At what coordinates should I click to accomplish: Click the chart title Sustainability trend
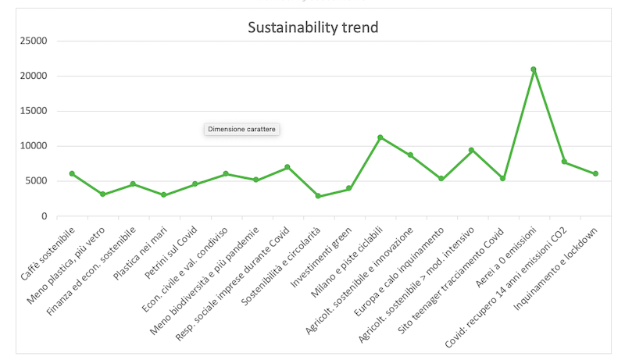click(313, 28)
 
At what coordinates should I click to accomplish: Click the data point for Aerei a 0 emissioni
click(534, 70)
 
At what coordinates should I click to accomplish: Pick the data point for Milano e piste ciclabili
click(380, 137)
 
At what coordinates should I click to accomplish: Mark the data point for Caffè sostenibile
click(72, 173)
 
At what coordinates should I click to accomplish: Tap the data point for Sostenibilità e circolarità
click(318, 196)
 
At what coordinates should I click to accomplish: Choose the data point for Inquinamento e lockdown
click(595, 173)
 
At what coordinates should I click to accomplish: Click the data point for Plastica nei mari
click(164, 194)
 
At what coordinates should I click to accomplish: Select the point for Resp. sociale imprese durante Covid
click(287, 167)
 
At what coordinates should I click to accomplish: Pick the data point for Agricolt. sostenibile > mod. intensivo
click(472, 150)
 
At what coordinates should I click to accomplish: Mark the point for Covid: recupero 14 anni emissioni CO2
click(564, 162)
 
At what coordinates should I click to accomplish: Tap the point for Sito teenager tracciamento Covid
click(502, 178)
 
